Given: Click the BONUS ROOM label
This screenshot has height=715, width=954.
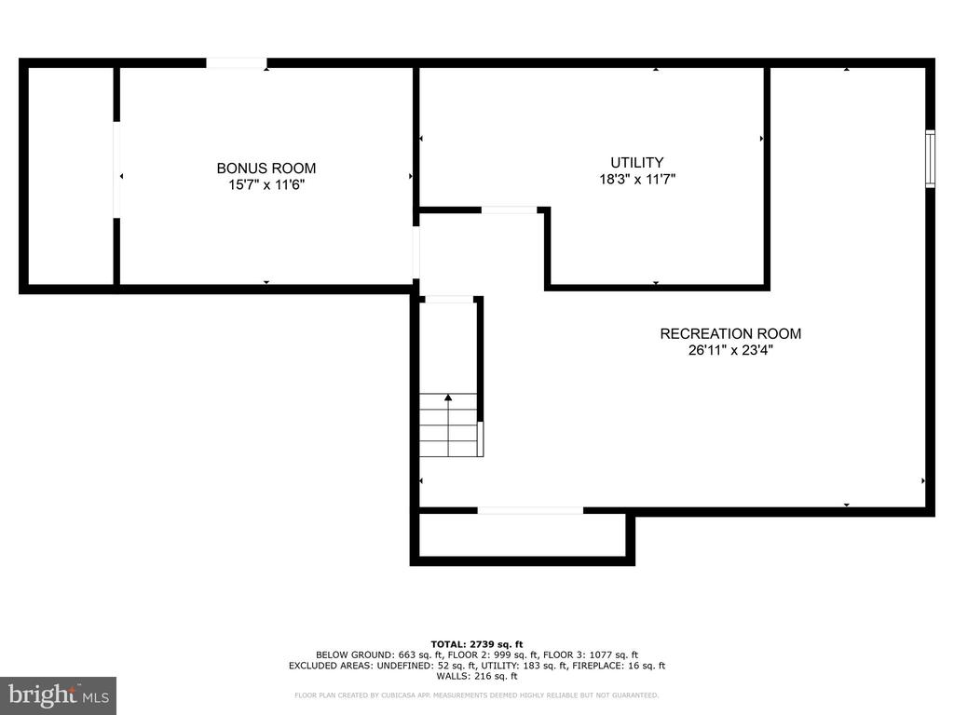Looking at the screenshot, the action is coord(266,169).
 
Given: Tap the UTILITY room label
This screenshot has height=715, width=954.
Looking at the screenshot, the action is coord(637,162).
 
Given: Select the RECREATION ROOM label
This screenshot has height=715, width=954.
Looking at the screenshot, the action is coord(730,334).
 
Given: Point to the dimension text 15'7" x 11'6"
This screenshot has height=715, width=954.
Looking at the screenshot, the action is coord(266,185).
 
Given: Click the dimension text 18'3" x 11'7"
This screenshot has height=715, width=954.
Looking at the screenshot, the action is coord(637,180).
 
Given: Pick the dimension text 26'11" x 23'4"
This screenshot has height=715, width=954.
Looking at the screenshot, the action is coord(730,350).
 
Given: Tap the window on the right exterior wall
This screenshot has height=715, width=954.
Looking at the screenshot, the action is coord(930,158).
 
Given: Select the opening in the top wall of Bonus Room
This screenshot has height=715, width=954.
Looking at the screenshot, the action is coord(236,63).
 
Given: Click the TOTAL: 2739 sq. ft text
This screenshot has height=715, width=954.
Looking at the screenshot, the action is coord(476,644).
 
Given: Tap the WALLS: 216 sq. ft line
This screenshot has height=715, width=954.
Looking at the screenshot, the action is coord(476,676).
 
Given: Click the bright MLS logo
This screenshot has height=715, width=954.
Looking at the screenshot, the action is coord(58,695).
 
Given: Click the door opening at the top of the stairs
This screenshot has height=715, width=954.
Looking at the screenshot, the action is coord(449,299).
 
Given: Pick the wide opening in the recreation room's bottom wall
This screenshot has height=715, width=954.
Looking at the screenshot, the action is coord(530,511).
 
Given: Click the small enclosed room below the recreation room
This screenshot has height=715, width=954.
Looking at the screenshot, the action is coord(523,535).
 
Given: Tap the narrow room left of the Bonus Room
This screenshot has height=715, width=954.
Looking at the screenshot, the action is coord(71,176).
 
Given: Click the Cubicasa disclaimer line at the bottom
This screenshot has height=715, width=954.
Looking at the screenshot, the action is coord(476,695).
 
